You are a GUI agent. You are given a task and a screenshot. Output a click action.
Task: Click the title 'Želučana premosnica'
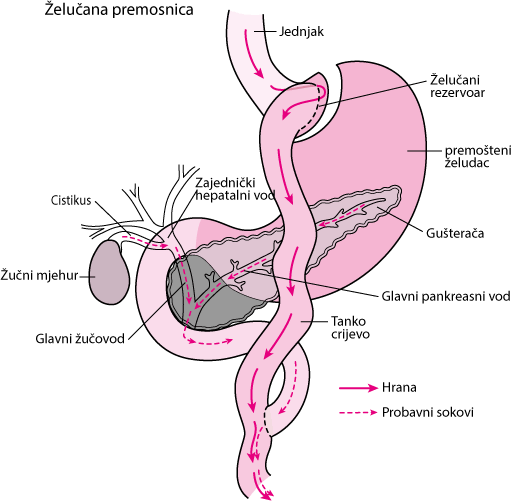pyautogui.click(x=119, y=10)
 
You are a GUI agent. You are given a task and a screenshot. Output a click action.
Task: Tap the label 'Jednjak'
pyautogui.click(x=301, y=32)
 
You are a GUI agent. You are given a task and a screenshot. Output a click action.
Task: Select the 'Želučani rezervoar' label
pyautogui.click(x=457, y=86)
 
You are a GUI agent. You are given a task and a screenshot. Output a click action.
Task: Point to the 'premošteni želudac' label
pyautogui.click(x=478, y=157)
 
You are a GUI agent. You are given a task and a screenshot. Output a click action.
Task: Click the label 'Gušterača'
pyautogui.click(x=455, y=233)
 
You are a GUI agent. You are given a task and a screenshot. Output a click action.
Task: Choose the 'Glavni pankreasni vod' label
pyautogui.click(x=446, y=296)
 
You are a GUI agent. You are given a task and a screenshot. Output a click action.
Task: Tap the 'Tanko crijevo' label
pyautogui.click(x=350, y=327)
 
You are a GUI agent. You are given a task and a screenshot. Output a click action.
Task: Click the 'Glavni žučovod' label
pyautogui.click(x=80, y=339)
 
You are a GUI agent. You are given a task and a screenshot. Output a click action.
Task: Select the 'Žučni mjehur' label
pyautogui.click(x=39, y=276)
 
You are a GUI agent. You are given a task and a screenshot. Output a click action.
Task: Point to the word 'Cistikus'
pyautogui.click(x=71, y=200)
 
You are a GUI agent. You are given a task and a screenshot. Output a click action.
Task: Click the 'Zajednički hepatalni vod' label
pyautogui.click(x=235, y=189)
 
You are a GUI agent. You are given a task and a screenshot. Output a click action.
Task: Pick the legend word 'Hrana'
pyautogui.click(x=399, y=388)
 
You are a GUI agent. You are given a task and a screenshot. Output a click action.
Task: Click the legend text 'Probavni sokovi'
pyautogui.click(x=428, y=412)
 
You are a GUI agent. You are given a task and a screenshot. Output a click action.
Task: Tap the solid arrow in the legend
pyautogui.click(x=358, y=388)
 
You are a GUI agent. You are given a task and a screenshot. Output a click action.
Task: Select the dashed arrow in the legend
pyautogui.click(x=358, y=413)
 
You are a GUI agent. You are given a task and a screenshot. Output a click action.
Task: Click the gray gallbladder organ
pyautogui.click(x=109, y=273)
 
